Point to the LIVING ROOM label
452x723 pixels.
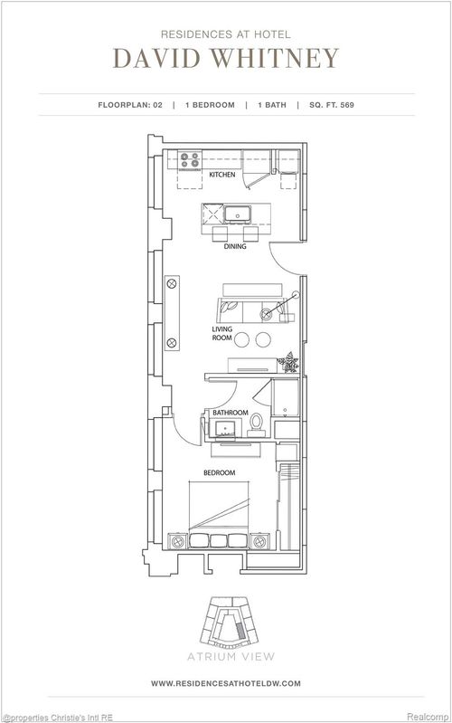point(222,333)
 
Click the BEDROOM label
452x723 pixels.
point(219,472)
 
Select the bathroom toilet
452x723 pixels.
point(256,422)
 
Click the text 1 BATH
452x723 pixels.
point(276,105)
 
